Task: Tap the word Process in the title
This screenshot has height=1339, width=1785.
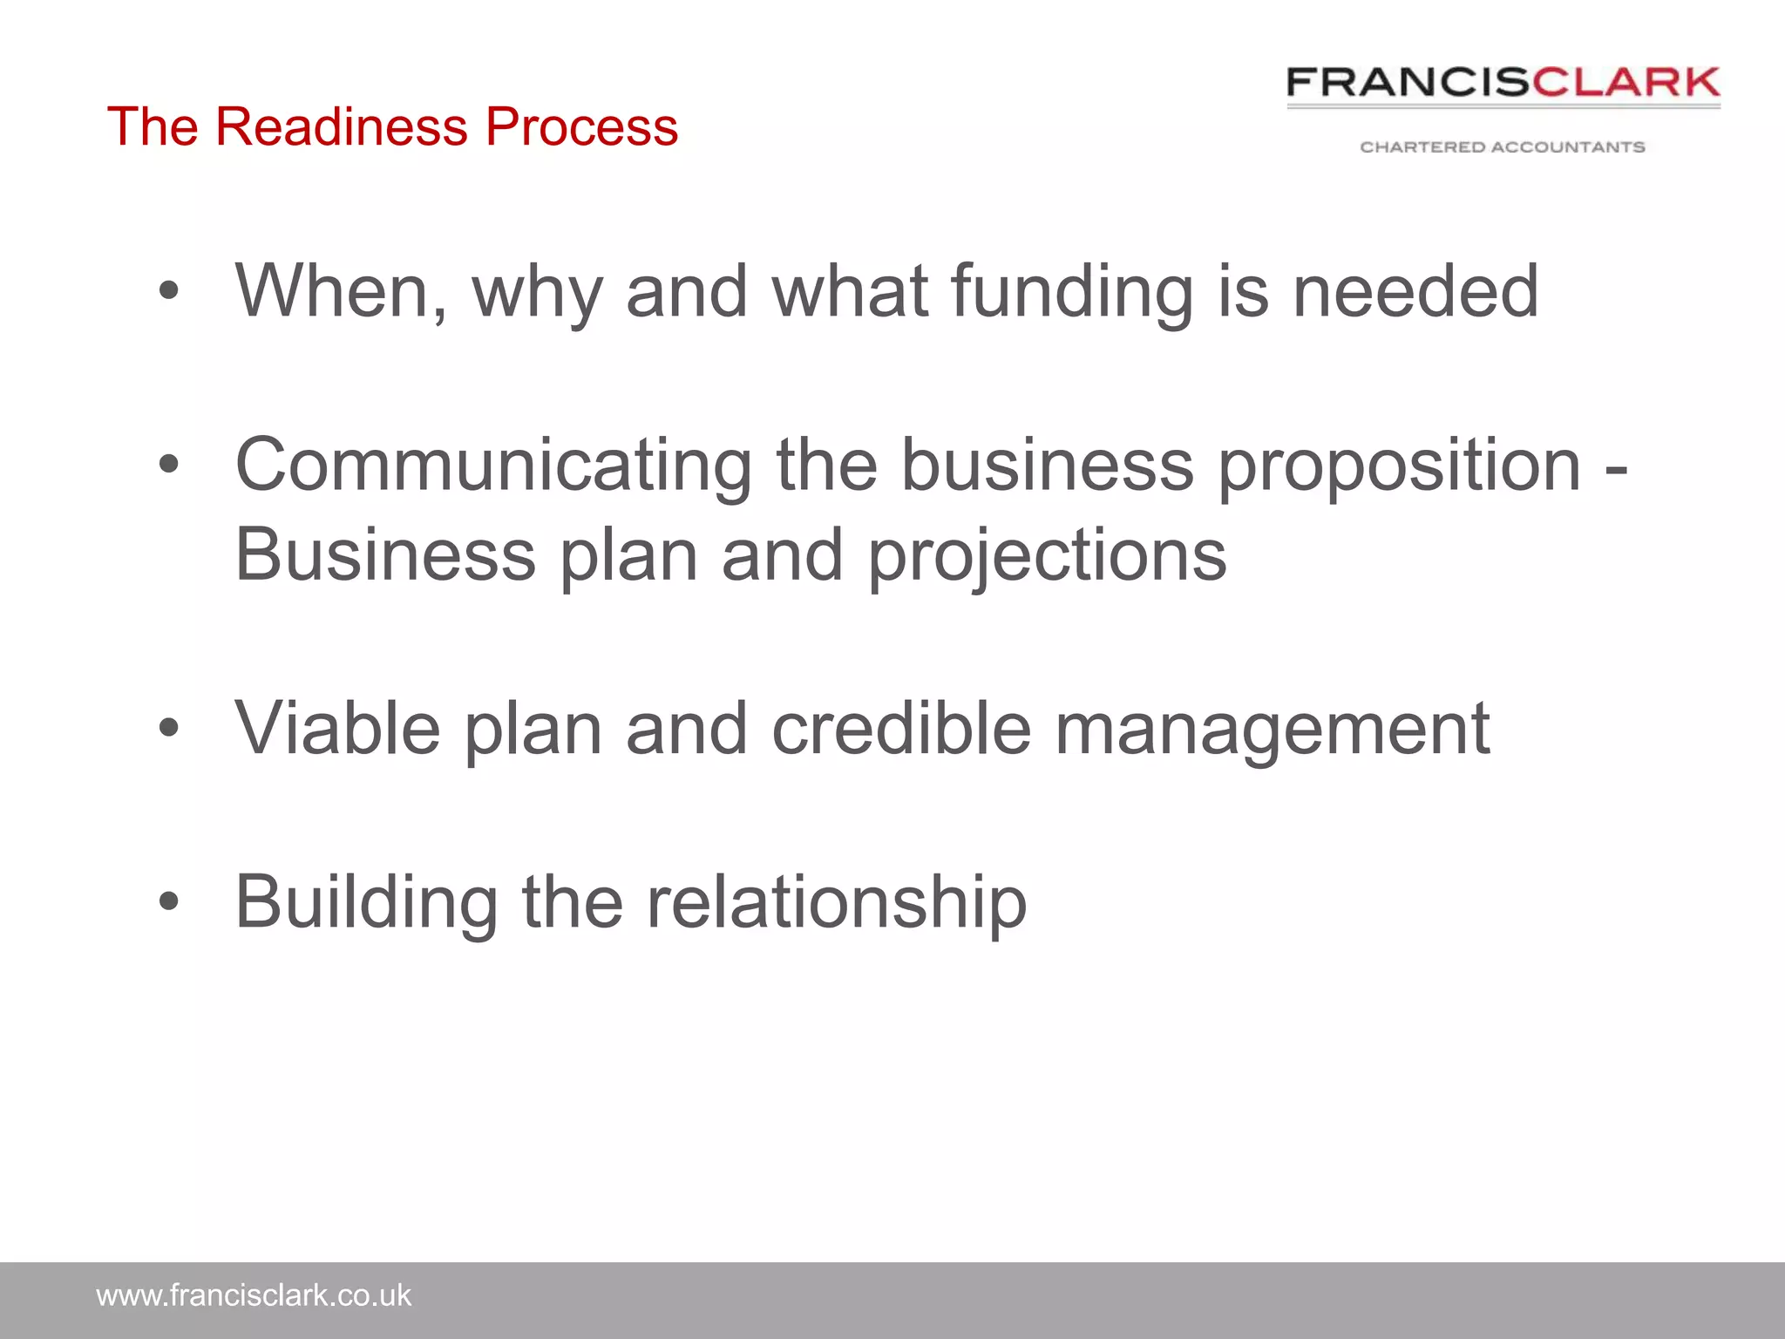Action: [581, 126]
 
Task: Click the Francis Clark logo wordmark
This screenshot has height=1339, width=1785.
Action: [1503, 83]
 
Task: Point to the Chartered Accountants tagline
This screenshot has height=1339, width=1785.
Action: [1503, 147]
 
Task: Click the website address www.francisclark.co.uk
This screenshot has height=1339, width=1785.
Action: [254, 1295]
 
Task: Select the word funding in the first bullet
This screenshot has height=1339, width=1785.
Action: [1071, 291]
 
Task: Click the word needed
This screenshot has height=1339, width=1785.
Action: [1415, 291]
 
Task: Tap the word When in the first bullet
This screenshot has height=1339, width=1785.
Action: [341, 291]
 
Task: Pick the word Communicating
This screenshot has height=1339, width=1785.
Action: [493, 466]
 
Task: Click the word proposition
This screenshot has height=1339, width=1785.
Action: [1399, 466]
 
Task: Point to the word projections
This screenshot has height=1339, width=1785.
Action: [1047, 556]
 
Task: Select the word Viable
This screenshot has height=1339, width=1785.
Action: [338, 729]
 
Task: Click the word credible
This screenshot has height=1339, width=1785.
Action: [901, 729]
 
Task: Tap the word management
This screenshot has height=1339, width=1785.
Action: [1272, 729]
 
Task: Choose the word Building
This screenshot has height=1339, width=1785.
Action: [367, 902]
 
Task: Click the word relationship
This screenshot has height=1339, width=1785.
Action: [837, 902]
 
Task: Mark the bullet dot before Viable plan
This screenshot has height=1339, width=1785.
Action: [169, 727]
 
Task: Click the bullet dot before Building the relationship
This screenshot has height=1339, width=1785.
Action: [169, 901]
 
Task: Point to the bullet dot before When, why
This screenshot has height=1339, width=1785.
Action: [169, 290]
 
